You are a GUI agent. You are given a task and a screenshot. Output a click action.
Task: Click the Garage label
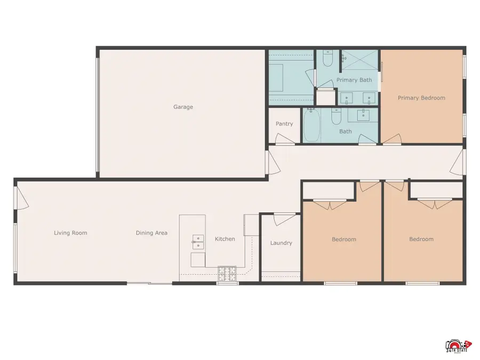(183, 107)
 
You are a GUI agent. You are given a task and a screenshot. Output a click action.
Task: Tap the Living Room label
(70, 233)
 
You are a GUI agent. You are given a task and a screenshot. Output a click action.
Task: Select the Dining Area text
(151, 233)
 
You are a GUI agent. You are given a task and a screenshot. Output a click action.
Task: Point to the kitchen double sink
(197, 242)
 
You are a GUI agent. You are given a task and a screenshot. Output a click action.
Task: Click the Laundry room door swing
(284, 219)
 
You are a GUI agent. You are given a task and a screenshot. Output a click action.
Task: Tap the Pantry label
(284, 124)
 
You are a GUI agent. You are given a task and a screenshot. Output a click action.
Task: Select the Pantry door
(284, 140)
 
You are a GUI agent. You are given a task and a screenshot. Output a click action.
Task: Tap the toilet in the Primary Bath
(328, 59)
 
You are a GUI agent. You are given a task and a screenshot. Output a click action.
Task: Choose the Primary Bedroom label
(421, 98)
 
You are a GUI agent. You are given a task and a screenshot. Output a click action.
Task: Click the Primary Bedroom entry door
(392, 140)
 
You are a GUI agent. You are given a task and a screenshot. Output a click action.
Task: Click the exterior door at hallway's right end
(458, 163)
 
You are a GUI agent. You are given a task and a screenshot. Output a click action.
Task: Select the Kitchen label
(225, 239)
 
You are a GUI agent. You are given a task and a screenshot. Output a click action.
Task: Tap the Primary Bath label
(354, 80)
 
